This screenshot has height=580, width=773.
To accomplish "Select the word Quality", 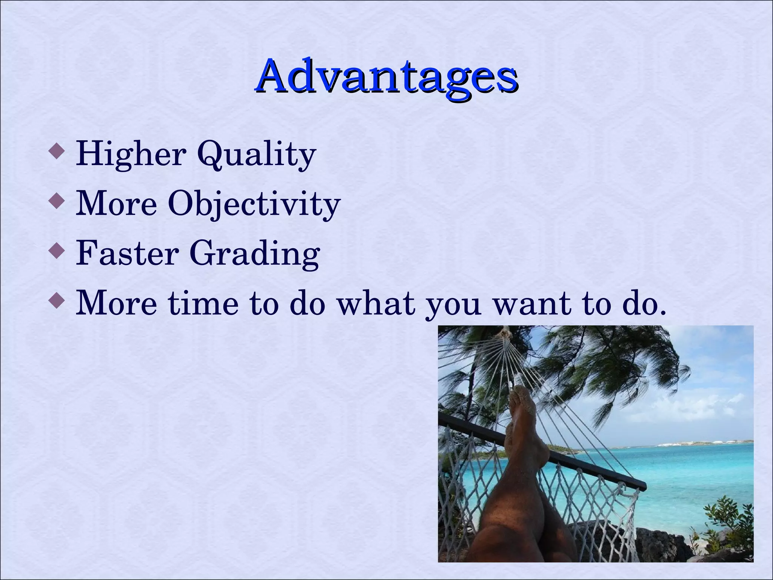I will [256, 154].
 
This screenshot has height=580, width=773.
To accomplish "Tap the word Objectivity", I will [254, 204].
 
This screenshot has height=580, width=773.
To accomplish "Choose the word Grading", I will [254, 254].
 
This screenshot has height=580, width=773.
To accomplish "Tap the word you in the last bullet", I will [453, 304].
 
